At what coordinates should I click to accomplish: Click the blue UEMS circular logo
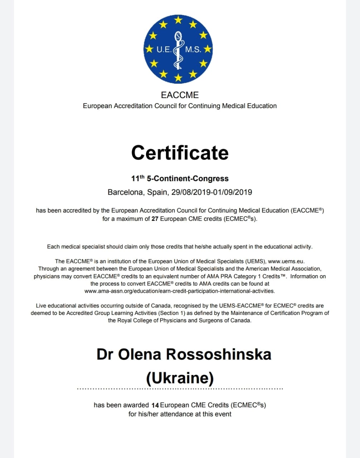178,49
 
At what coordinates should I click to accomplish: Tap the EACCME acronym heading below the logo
180,95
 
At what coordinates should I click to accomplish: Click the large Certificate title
180,153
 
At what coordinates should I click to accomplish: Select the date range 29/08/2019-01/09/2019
211,192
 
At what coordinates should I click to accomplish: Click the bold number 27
155,219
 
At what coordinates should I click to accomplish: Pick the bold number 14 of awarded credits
155,405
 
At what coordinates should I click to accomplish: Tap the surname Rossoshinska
219,354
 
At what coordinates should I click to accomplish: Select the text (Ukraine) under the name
180,377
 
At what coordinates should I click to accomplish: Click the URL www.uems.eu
286,261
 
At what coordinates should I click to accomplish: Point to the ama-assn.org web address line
180,291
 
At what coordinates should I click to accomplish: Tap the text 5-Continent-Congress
188,179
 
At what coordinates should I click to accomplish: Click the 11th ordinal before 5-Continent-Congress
138,178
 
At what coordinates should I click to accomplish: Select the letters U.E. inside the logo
164,50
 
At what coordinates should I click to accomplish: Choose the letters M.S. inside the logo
193,50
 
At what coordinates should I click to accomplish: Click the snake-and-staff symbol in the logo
178,50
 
